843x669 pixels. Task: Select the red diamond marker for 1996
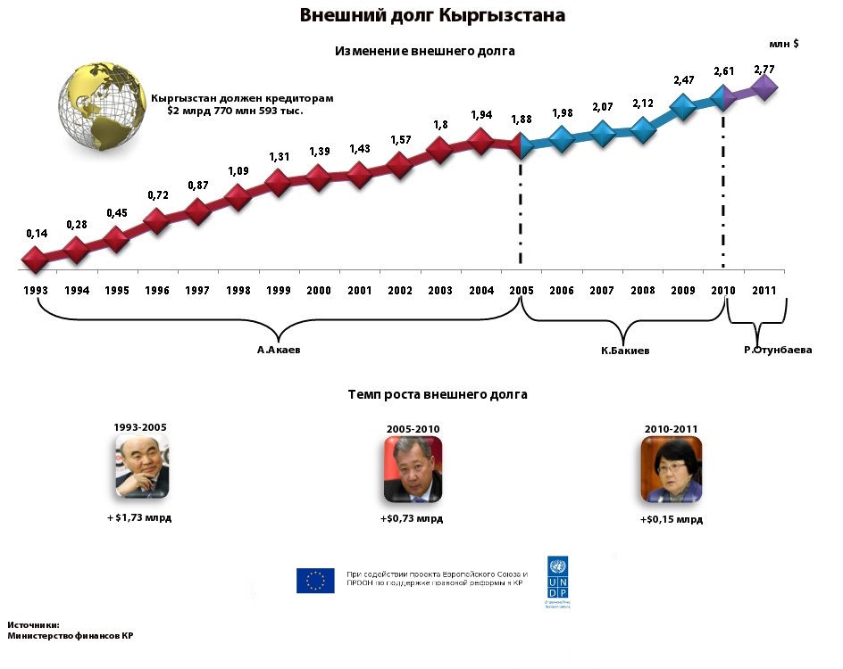point(157,221)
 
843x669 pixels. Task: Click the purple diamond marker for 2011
point(764,87)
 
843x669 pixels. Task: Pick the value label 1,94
point(480,115)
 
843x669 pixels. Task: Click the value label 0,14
point(37,234)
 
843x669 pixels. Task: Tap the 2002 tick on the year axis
point(400,291)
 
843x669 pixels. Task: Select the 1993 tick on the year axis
point(37,291)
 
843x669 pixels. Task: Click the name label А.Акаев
point(279,351)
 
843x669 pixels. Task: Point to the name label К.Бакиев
point(625,351)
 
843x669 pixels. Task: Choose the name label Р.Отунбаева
point(778,351)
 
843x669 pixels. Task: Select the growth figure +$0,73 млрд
point(412,518)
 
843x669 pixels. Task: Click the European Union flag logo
point(315,581)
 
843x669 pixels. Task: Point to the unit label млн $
point(783,43)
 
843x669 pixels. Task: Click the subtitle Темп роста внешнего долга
point(438,393)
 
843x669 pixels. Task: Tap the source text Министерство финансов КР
point(71,637)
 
